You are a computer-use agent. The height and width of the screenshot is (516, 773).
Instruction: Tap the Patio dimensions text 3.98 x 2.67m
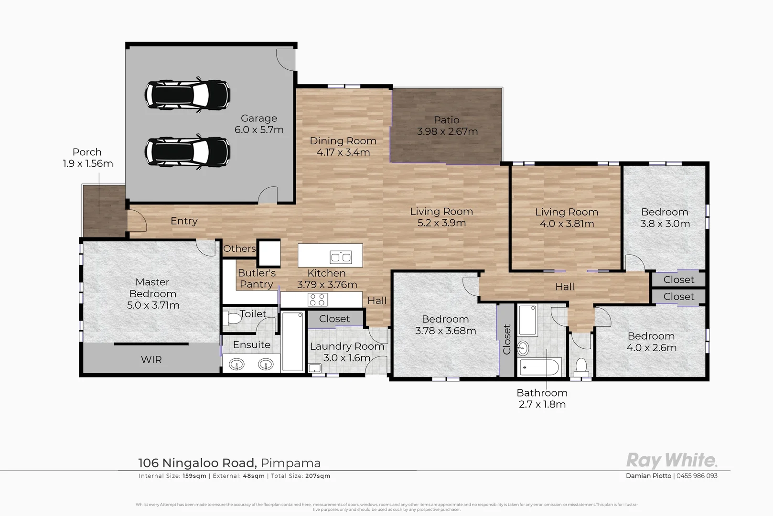coord(447,131)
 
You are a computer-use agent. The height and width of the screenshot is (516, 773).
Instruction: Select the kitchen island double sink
coord(341,258)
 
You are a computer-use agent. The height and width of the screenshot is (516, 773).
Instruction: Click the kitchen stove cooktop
coord(318,300)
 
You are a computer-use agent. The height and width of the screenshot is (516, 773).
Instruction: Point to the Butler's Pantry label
coord(257,279)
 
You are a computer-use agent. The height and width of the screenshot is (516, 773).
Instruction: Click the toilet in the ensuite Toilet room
coord(234,318)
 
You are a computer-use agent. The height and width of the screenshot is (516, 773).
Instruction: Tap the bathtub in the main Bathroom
coord(539,368)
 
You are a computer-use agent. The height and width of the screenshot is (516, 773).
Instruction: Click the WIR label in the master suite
coord(151,360)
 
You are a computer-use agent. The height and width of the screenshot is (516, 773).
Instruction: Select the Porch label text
coord(87,152)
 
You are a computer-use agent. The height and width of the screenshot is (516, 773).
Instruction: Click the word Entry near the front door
coord(184,221)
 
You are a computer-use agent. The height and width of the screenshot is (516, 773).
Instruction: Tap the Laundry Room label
coord(347,346)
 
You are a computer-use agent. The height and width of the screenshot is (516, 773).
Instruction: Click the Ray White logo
coord(671,460)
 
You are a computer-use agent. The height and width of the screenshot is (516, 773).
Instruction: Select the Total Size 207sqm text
coord(301,476)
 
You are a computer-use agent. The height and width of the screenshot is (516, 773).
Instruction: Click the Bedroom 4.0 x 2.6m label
coord(651,342)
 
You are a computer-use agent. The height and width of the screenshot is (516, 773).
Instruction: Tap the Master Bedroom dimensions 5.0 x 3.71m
coord(153,305)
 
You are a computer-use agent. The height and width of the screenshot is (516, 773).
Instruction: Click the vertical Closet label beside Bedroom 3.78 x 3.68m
coord(507,339)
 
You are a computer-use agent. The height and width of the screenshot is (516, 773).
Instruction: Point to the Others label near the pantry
coord(239,248)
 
